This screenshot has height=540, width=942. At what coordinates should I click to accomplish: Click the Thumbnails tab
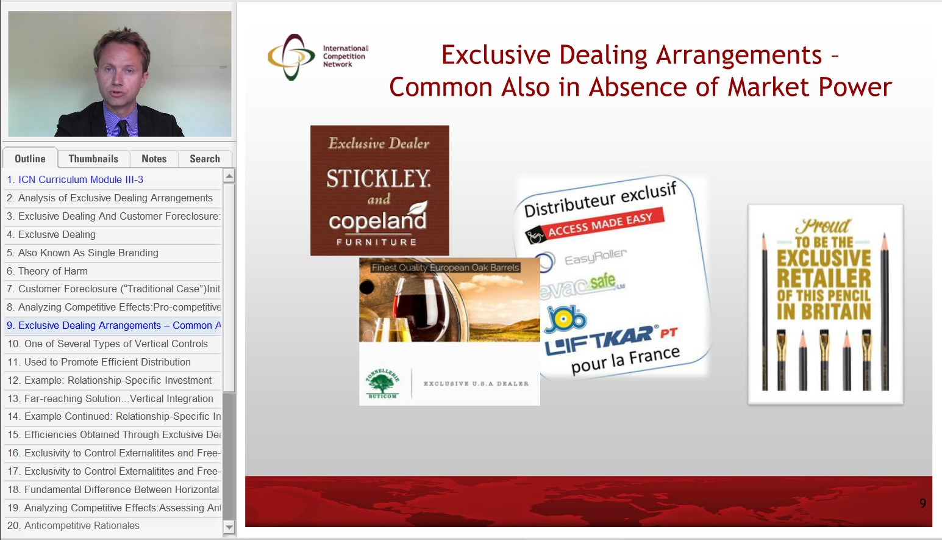(93, 159)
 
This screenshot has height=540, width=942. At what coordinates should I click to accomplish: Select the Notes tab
(154, 159)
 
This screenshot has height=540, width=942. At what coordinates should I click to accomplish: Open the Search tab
(204, 159)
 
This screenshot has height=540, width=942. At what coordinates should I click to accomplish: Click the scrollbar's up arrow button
(229, 176)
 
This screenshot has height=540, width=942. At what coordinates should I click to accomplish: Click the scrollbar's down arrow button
(229, 527)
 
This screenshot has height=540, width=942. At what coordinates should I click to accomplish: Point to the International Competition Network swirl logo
(291, 57)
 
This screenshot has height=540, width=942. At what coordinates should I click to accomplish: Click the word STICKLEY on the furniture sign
(379, 179)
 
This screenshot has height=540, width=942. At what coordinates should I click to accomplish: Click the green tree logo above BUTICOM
(382, 383)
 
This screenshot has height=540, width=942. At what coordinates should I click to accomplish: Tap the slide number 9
(922, 503)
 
